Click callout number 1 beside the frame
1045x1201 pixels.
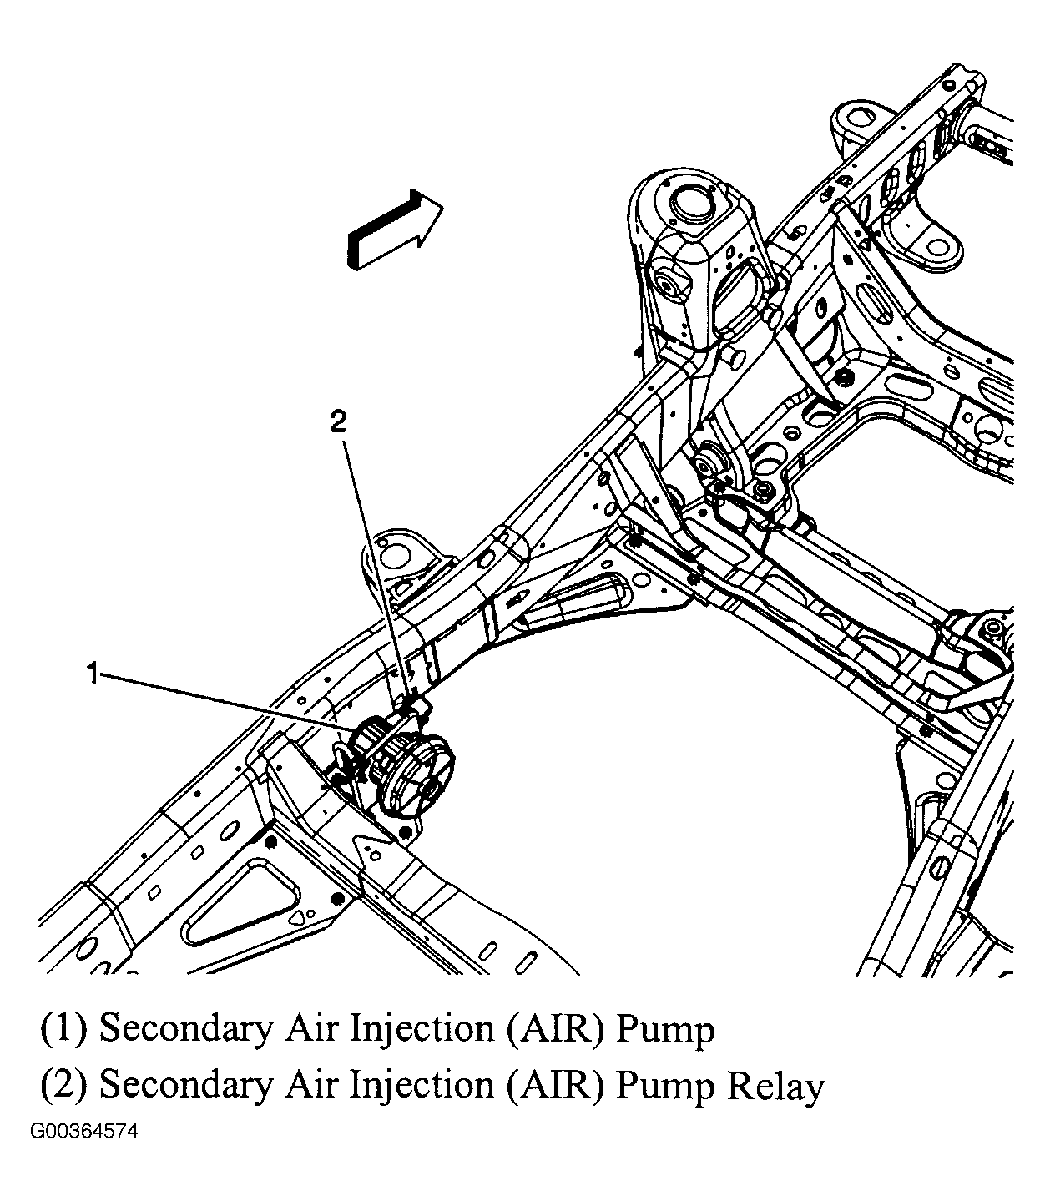pos(95,673)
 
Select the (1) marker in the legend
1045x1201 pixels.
pos(63,1028)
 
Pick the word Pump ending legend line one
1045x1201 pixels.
pos(665,1028)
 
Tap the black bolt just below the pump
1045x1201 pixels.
pos(405,832)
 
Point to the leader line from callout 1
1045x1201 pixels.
pos(225,701)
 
